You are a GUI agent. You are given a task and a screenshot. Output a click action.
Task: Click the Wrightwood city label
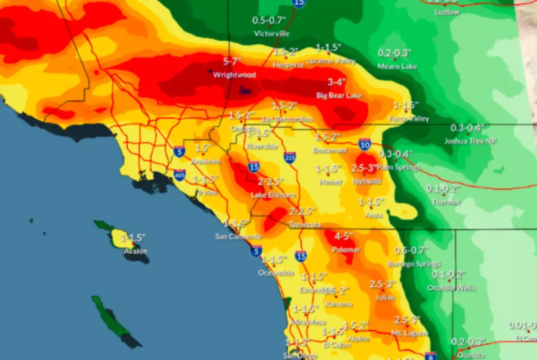tap(234, 75)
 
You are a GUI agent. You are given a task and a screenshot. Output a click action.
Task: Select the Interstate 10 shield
tap(364, 144)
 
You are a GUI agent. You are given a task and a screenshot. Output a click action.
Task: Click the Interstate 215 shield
tap(290, 158)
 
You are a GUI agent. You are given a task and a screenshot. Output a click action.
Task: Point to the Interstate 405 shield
tap(180, 175)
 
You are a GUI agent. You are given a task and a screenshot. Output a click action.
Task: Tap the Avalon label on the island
tap(135, 251)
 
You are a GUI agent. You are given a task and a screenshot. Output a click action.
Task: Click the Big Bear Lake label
tap(339, 95)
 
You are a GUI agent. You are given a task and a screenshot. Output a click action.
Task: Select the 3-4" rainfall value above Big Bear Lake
tap(337, 82)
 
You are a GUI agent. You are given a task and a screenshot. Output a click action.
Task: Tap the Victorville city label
tap(272, 34)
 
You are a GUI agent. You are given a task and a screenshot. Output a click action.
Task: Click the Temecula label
tap(305, 225)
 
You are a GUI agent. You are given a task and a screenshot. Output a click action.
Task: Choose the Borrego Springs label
tap(414, 264)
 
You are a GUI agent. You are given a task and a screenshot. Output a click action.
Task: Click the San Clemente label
tap(238, 236)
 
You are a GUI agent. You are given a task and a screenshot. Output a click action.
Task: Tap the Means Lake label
tap(397, 66)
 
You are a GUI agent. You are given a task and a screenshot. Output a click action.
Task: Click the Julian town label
tap(386, 297)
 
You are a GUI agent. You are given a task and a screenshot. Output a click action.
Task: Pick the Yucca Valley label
tap(409, 119)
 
